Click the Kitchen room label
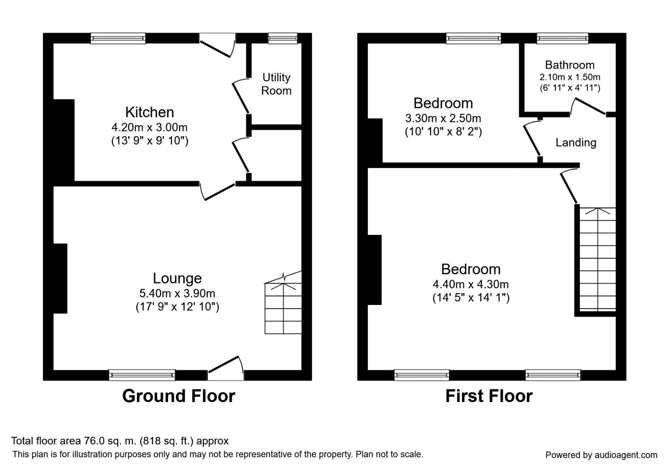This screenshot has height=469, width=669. [x=149, y=112]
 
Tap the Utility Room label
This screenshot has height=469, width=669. [x=276, y=84]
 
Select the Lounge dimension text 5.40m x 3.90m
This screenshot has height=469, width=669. [x=177, y=294]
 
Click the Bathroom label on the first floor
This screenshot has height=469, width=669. [x=569, y=65]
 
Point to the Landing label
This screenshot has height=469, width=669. [x=576, y=143]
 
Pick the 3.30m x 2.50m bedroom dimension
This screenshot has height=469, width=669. [x=443, y=119]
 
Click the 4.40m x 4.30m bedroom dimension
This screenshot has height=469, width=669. [x=470, y=284]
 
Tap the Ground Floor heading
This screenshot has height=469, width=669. [x=179, y=396]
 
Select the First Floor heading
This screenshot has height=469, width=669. [x=489, y=396]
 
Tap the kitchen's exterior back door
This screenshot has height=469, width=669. [x=217, y=45]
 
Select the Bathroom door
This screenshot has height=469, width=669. [x=588, y=107]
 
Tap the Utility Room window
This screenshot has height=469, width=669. [x=283, y=39]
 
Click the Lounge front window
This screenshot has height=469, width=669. [x=142, y=375]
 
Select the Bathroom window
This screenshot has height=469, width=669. [x=562, y=39]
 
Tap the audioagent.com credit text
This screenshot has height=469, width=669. [x=601, y=455]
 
